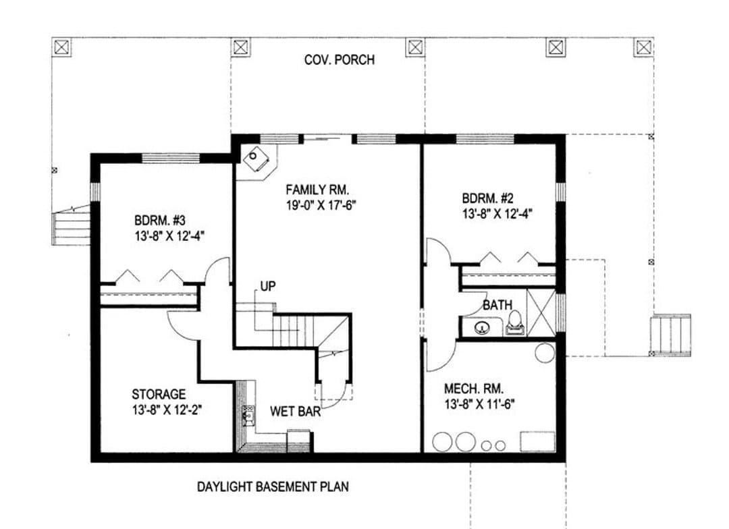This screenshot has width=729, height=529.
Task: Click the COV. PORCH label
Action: click(339, 60)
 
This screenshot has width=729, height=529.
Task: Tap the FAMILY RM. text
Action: click(317, 190)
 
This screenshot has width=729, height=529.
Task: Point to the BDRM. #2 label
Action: click(488, 198)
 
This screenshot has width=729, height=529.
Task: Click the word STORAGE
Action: click(159, 394)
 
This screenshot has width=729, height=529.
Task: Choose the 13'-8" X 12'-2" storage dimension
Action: click(167, 410)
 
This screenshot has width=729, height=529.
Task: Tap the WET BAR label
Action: click(295, 411)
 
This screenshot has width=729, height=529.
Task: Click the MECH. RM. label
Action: click(474, 389)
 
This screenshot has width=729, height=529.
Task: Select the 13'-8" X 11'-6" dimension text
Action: click(479, 404)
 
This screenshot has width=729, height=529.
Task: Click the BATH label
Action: click(497, 305)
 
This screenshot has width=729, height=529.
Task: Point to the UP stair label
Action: click(268, 286)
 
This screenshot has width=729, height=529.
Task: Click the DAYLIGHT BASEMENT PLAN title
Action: click(273, 486)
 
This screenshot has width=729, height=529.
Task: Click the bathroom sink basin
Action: click(483, 328)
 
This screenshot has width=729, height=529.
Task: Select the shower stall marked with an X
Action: click(541, 312)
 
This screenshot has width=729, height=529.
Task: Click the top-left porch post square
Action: click(63, 47)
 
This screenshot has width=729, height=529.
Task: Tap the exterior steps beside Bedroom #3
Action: click(71, 228)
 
